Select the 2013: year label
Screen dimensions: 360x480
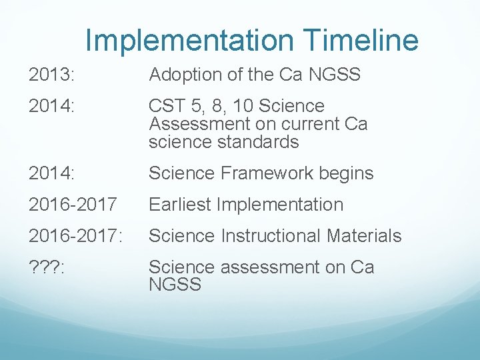pyautogui.click(x=52, y=75)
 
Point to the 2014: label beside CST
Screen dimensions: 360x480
pyautogui.click(x=52, y=106)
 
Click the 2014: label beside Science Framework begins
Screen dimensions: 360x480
pyautogui.click(x=52, y=173)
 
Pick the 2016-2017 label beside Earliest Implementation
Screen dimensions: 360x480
pyautogui.click(x=64, y=205)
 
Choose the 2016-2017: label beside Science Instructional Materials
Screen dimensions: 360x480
pyautogui.click(x=67, y=236)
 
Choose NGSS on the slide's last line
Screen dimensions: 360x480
pyautogui.click(x=175, y=285)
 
